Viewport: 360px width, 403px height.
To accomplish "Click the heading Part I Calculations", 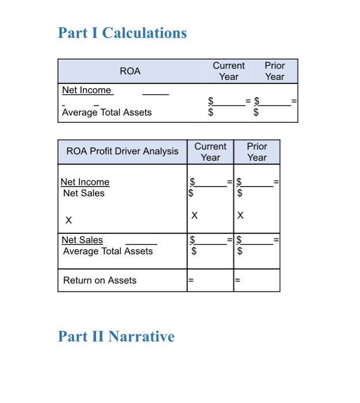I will pyautogui.click(x=122, y=33).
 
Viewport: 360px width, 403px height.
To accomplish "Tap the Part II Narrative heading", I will pyautogui.click(x=116, y=336).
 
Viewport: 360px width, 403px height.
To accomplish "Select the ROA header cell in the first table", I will pyautogui.click(x=130, y=71).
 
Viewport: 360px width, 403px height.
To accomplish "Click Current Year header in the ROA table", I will pyautogui.click(x=229, y=71).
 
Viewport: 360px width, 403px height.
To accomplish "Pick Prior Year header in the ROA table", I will pyautogui.click(x=275, y=71).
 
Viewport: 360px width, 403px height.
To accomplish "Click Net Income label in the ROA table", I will pyautogui.click(x=87, y=90).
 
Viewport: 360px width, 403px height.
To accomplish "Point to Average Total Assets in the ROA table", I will pyautogui.click(x=107, y=112).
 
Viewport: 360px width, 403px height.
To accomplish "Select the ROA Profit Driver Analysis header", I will pyautogui.click(x=123, y=151).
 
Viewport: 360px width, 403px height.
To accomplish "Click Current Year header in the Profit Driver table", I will pyautogui.click(x=210, y=152).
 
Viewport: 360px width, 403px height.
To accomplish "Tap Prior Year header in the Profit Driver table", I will pyautogui.click(x=257, y=152).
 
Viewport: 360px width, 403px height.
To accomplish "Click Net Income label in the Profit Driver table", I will pyautogui.click(x=85, y=182).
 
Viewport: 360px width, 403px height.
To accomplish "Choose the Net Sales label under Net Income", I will pyautogui.click(x=84, y=193).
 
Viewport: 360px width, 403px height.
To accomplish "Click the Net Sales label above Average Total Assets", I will pyautogui.click(x=82, y=240).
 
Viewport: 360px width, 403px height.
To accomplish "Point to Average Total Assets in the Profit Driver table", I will pyautogui.click(x=108, y=251).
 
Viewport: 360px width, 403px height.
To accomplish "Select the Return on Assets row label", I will pyautogui.click(x=100, y=280).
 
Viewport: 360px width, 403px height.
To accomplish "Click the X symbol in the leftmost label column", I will pyautogui.click(x=69, y=220).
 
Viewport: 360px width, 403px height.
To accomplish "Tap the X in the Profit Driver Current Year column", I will pyautogui.click(x=194, y=216).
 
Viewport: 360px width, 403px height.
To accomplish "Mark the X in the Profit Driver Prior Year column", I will pyautogui.click(x=241, y=216).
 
